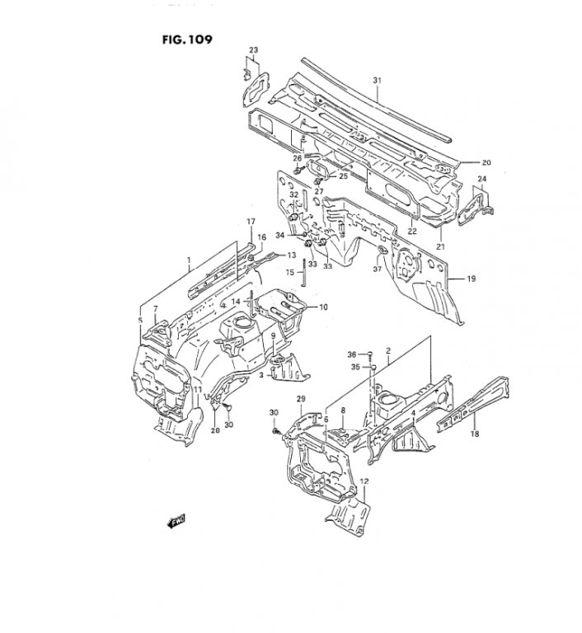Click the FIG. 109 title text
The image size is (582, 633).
coord(187,40)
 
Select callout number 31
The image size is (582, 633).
coord(377,81)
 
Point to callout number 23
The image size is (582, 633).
coord(253,50)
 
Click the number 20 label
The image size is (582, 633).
coord(486,162)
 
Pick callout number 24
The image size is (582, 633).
coord(482,178)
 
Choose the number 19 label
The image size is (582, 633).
coord(472,279)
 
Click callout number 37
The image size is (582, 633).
coord(378,269)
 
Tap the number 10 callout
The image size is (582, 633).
coord(323,307)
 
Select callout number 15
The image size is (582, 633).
coord(290,273)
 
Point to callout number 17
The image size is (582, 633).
coord(251,221)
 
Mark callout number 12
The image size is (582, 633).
coord(364,481)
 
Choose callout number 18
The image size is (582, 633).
coord(475,434)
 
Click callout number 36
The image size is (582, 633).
coord(352,354)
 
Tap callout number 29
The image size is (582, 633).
coord(301,399)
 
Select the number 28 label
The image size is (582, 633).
coord(215,430)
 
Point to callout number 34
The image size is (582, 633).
coord(281,236)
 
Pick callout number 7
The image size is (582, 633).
coord(156,309)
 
